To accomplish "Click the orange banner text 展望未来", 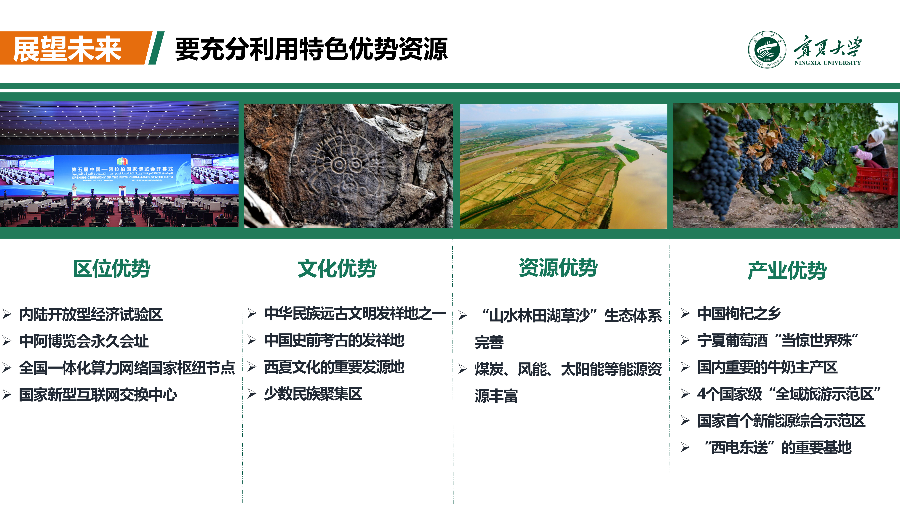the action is point(67,49).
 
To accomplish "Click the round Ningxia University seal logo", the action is point(767,49).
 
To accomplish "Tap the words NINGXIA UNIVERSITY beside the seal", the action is point(828,63).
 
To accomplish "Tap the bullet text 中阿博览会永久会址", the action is point(84,341).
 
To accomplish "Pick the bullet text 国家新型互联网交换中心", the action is point(98,395).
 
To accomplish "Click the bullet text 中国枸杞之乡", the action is point(739,313).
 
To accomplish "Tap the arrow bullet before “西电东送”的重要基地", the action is point(685,447).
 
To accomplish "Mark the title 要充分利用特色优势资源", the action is point(311,49).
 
